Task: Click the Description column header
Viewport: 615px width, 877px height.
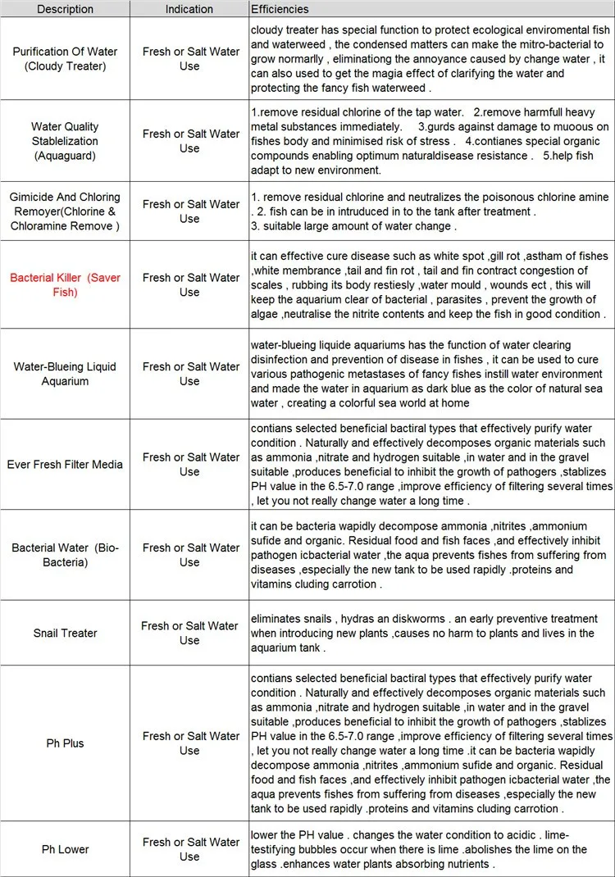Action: (x=66, y=9)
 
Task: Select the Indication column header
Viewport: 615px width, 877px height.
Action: (x=189, y=9)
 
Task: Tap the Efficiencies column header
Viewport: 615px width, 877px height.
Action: (x=280, y=9)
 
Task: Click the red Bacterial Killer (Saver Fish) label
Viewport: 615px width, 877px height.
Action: (x=66, y=284)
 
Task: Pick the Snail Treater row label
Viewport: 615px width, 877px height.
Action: (x=66, y=633)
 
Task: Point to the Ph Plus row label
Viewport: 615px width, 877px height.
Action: (x=66, y=743)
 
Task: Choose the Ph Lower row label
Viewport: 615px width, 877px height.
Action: (x=66, y=849)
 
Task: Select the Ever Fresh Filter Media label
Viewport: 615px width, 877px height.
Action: (x=66, y=464)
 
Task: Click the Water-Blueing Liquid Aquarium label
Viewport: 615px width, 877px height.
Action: (x=66, y=374)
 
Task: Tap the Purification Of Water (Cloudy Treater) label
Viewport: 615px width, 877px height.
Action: (x=66, y=58)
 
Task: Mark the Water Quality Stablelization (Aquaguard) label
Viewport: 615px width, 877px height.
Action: (x=66, y=140)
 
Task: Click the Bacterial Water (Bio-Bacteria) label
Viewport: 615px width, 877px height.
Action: (x=66, y=555)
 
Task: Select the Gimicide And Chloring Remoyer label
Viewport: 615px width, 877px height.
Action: (x=66, y=211)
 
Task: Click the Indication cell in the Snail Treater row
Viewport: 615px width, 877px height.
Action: (x=189, y=633)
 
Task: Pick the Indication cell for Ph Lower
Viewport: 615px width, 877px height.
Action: (x=189, y=849)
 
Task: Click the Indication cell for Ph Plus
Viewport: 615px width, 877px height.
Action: (x=189, y=743)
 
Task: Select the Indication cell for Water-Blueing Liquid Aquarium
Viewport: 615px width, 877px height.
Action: (x=189, y=374)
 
